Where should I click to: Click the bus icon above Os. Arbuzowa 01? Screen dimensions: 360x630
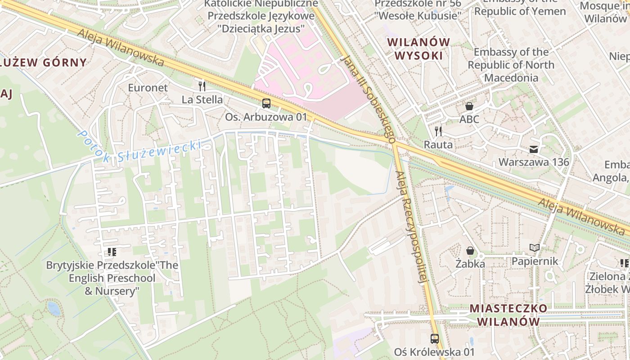[x=266, y=103]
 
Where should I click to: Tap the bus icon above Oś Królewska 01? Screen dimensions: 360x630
[x=435, y=338]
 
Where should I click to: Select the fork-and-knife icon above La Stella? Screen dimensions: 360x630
[x=202, y=86]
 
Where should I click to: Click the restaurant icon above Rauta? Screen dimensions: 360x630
[x=438, y=131]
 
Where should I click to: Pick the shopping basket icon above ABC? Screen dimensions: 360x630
[x=469, y=106]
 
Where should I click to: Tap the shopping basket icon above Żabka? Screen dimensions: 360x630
[x=470, y=250]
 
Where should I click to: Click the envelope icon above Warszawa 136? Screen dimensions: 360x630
[x=534, y=149]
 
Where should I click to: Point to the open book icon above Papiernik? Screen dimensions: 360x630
[x=535, y=248]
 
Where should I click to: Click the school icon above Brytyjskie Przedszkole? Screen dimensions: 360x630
[x=112, y=252]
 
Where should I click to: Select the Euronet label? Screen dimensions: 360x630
[x=148, y=88]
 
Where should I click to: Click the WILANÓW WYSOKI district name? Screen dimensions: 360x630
[x=418, y=49]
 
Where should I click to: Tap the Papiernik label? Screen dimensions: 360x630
[x=535, y=261]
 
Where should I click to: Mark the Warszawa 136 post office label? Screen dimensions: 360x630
[x=534, y=162]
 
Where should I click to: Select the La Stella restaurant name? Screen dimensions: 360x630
[x=202, y=99]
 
